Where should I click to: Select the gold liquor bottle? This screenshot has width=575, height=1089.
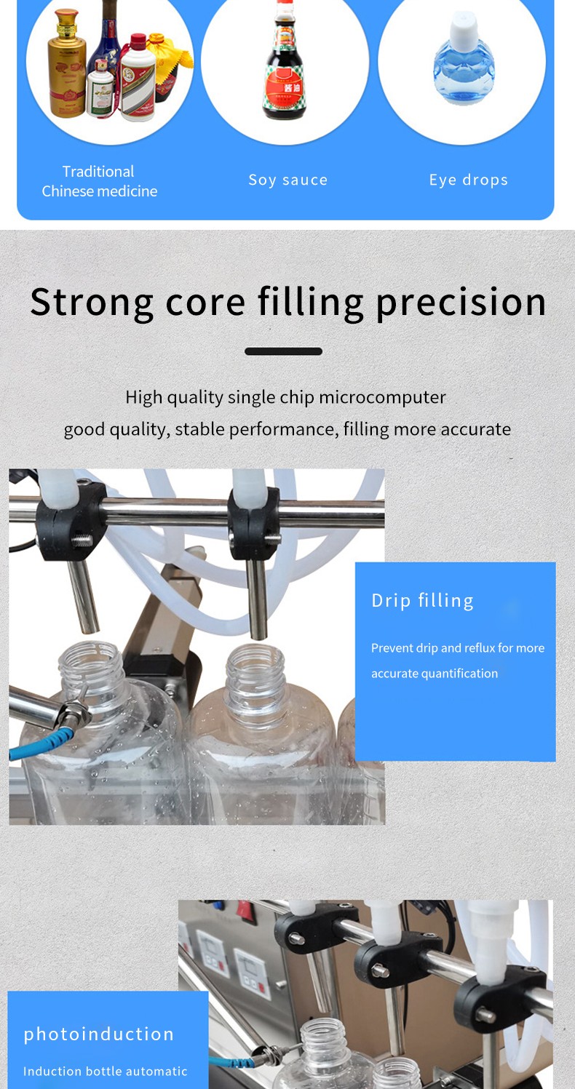pyautogui.click(x=67, y=64)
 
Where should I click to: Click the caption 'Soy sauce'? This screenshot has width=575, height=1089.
pyautogui.click(x=288, y=180)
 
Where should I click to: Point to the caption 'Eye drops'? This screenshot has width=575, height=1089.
pyautogui.click(x=469, y=180)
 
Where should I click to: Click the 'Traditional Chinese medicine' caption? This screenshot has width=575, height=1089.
pyautogui.click(x=99, y=181)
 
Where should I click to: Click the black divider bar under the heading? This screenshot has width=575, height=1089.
pyautogui.click(x=284, y=351)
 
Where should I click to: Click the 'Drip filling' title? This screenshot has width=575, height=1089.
pyautogui.click(x=422, y=601)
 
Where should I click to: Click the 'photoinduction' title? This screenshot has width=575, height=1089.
pyautogui.click(x=99, y=1034)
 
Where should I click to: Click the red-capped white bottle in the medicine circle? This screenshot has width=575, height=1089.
pyautogui.click(x=138, y=78)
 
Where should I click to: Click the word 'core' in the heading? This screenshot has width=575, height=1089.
pyautogui.click(x=205, y=303)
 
